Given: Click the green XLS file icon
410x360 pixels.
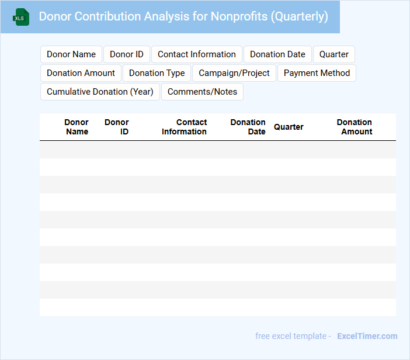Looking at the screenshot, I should click(21, 17).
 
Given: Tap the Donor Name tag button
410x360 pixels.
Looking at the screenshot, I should click(71, 54).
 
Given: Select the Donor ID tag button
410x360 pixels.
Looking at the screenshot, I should click(127, 54).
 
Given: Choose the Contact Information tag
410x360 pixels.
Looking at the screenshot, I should click(197, 54).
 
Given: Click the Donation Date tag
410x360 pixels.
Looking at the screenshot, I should click(277, 54).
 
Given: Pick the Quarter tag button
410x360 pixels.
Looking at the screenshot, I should click(334, 54).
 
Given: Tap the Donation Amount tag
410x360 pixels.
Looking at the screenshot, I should click(81, 73).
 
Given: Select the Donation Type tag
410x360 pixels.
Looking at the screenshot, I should click(157, 73).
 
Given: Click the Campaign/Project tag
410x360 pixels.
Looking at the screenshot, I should click(234, 73).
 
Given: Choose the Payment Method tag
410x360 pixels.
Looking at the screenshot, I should click(317, 73).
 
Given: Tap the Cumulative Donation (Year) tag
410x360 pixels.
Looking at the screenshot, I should click(100, 92).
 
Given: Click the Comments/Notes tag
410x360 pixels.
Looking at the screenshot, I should click(202, 92).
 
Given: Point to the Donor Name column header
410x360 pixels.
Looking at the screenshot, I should click(77, 127).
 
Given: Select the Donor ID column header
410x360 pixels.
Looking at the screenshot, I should click(117, 127).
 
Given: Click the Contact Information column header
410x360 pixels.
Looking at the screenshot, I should click(185, 127).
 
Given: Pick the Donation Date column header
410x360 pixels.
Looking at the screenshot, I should click(248, 127).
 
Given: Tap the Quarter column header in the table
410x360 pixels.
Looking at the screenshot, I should click(289, 127).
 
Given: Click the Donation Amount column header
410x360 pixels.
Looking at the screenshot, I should click(355, 127).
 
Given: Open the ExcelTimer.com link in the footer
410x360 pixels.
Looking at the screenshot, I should click(367, 336).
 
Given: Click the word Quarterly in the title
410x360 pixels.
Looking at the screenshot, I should click(299, 16).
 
